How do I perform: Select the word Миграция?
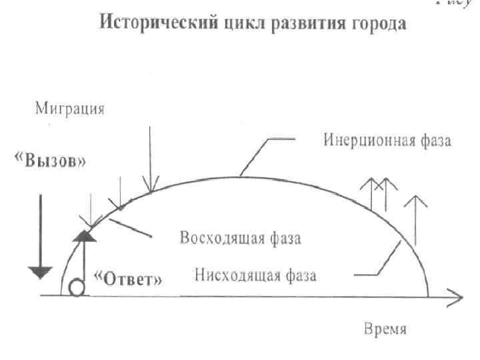click(x=70, y=109)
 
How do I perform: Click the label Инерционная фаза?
click(x=388, y=140)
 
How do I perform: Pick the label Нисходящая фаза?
click(x=256, y=274)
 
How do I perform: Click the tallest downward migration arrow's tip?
click(x=151, y=189)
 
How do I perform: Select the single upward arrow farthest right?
click(x=415, y=220)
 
